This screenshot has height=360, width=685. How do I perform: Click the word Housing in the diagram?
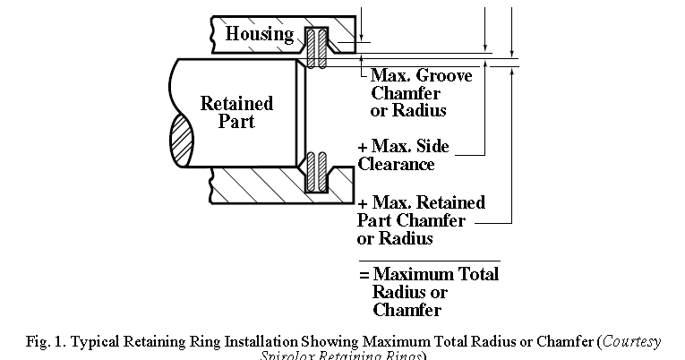click(259, 34)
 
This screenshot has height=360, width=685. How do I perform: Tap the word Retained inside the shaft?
click(235, 103)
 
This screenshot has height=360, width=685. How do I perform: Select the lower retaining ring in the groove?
click(314, 172)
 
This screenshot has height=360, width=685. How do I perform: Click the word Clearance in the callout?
click(396, 165)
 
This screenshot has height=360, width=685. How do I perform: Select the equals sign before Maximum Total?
click(364, 274)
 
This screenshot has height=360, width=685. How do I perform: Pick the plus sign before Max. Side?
click(363, 147)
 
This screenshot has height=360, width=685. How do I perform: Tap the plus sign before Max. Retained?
click(363, 202)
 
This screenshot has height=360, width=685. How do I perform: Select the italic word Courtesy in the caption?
click(631, 341)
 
